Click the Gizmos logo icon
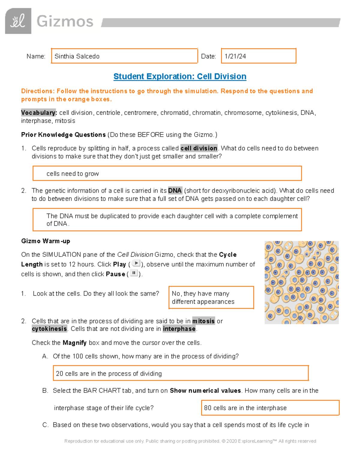click(18, 21)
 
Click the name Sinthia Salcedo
click(77, 56)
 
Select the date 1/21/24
click(235, 56)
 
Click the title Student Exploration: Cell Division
click(180, 77)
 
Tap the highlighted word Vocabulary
click(39, 113)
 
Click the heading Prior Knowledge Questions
click(63, 135)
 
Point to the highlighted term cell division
click(199, 148)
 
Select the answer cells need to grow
click(73, 174)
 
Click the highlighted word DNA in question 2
click(175, 191)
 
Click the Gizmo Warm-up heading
click(46, 241)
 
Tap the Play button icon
click(136, 263)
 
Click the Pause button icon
click(134, 273)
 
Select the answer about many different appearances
click(203, 297)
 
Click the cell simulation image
click(301, 282)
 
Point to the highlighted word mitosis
click(203, 321)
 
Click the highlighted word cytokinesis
click(49, 329)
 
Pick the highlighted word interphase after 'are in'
click(179, 329)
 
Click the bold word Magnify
click(74, 343)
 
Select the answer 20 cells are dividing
click(109, 374)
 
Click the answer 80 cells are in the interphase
click(245, 408)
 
